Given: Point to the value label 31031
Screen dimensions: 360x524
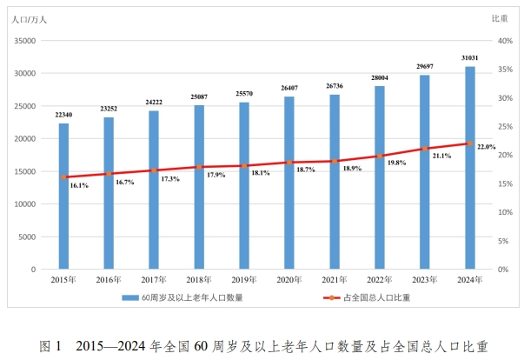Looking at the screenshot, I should tap(470, 58).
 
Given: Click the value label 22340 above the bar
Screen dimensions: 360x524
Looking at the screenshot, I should tap(64, 115).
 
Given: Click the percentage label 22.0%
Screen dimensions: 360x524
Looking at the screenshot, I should tap(486, 148).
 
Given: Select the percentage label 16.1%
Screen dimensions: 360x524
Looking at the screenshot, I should tap(79, 185).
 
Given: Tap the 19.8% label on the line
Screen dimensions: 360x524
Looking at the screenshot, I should tap(395, 163).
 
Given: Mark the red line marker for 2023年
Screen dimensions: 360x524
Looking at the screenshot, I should tap(425, 149).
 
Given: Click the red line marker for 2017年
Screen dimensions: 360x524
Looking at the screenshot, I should tap(155, 170).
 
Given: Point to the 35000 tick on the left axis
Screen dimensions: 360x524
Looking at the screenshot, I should tap(24, 40).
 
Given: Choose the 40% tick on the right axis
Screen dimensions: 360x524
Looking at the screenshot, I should tap(501, 40).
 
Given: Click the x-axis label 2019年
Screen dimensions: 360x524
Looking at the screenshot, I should tap(244, 280).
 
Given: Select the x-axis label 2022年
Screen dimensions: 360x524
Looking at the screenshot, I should tap(379, 280).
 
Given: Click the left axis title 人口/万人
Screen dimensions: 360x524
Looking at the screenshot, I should tap(30, 17).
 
